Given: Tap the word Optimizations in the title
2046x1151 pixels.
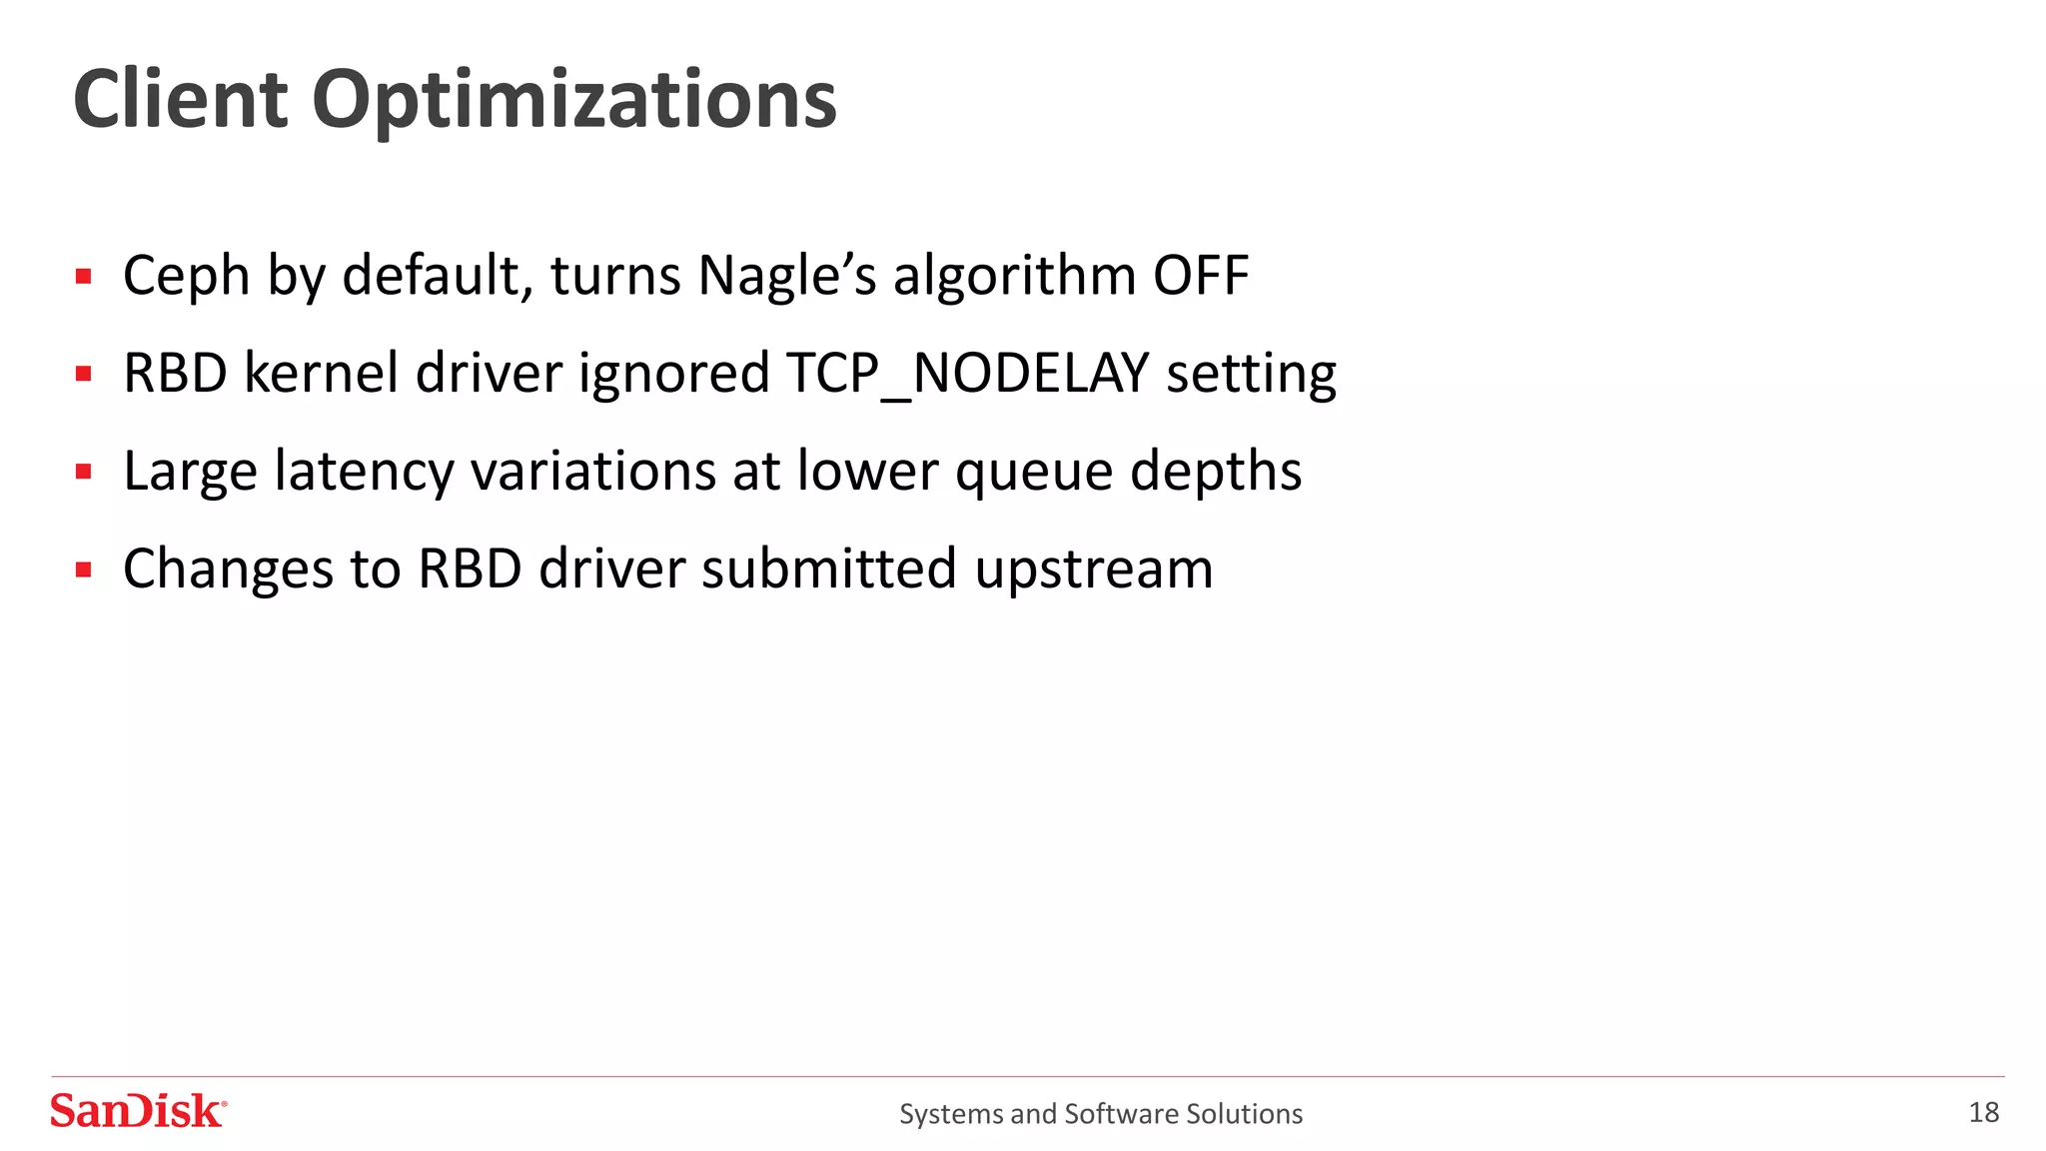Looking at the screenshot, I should [574, 102].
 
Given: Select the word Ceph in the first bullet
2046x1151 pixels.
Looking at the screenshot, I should [186, 276].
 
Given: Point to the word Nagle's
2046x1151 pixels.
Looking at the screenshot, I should [786, 276].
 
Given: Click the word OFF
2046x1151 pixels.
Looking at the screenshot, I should [1201, 276].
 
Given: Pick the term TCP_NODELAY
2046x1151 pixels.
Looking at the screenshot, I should [967, 374].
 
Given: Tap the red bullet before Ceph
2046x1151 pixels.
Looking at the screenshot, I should [84, 277].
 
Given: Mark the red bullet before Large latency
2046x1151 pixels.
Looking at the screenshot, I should [84, 472].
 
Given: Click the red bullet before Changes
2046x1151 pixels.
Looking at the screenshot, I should [84, 570].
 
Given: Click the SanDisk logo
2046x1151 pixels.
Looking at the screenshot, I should [138, 1111].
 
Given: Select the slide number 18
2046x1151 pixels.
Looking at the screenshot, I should [1983, 1112].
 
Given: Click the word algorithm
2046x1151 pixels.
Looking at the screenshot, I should [1014, 276].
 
